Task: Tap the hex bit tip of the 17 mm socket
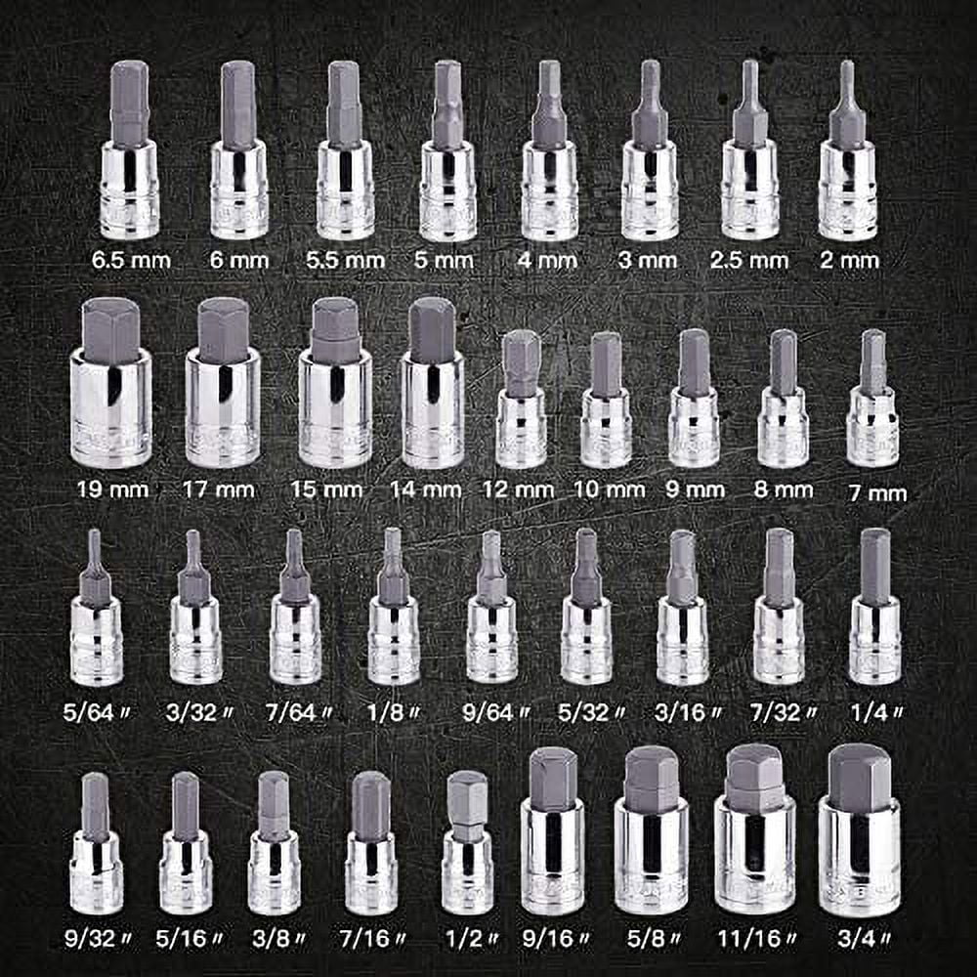click(223, 330)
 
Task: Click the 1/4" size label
click(875, 714)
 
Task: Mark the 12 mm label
click(519, 488)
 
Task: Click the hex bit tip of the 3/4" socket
click(859, 777)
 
